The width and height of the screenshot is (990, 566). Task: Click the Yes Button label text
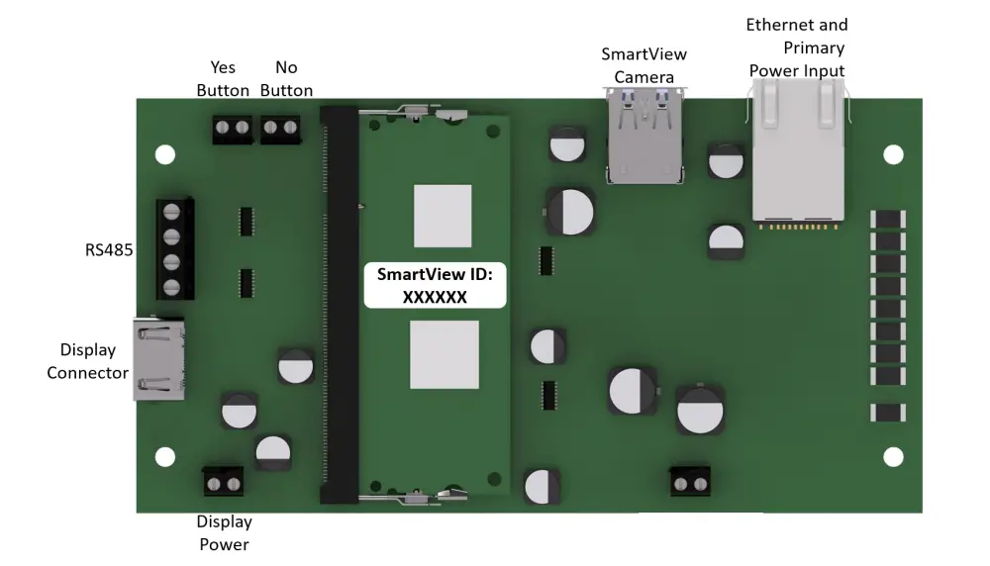tap(223, 79)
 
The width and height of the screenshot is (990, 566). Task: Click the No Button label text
tap(286, 79)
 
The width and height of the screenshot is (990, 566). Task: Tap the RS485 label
tap(109, 250)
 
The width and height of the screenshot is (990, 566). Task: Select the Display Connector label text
tap(88, 361)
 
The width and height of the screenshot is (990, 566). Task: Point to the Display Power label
tap(225, 532)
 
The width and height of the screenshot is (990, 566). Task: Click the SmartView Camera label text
tap(643, 65)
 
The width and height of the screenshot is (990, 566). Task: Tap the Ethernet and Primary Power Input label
tap(797, 47)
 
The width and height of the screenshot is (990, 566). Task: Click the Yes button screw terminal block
tap(233, 128)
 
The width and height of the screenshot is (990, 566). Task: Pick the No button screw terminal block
tap(280, 128)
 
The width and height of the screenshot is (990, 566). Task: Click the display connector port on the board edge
tap(158, 359)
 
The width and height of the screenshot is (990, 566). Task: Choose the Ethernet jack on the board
tap(797, 151)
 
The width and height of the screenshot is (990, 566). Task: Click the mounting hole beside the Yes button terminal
tap(165, 154)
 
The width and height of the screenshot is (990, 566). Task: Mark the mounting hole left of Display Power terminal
tap(165, 456)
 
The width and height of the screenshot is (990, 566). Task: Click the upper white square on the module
tap(443, 215)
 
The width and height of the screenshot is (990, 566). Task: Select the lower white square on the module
tap(445, 354)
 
